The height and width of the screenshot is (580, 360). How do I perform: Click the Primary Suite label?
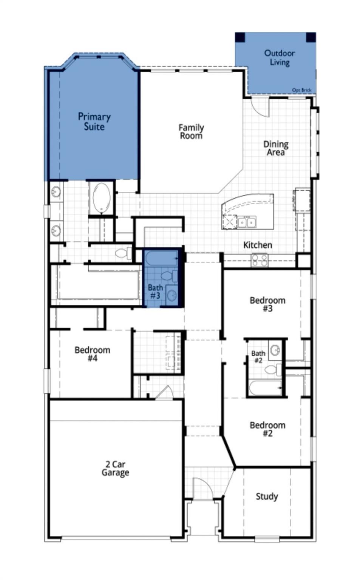click(x=94, y=122)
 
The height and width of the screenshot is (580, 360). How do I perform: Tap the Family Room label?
click(x=191, y=131)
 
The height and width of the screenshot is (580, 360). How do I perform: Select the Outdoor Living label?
click(x=280, y=58)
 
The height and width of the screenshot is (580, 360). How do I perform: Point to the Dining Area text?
click(x=276, y=148)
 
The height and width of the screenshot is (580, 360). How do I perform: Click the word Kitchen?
click(x=258, y=245)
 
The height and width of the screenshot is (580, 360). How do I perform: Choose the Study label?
click(x=267, y=497)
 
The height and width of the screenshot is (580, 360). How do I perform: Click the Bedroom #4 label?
click(x=93, y=354)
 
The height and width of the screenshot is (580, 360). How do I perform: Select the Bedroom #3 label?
click(x=267, y=304)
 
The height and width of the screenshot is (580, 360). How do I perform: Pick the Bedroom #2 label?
click(x=267, y=429)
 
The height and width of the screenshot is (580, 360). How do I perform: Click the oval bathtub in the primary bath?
click(x=102, y=198)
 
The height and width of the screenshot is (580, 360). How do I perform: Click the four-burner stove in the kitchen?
click(x=260, y=260)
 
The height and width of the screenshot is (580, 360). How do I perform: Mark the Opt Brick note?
click(x=302, y=90)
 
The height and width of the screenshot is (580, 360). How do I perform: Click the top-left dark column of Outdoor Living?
click(x=240, y=37)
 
